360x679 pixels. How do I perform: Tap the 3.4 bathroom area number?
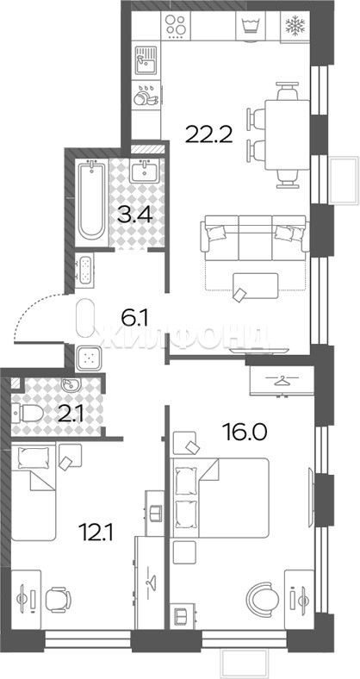point(135,214)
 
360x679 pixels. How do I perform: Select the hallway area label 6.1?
point(134,320)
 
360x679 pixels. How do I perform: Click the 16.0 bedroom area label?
point(245,431)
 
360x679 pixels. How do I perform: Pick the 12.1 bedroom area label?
point(96,532)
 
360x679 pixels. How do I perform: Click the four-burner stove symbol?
point(176,25)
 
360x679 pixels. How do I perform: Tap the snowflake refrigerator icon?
point(295,26)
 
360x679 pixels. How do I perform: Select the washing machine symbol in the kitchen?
point(251,26)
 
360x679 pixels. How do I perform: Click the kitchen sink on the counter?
point(146,60)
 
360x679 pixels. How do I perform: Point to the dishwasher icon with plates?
point(146,97)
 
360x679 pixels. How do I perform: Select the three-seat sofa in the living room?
point(255,239)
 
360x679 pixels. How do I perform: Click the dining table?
point(287,135)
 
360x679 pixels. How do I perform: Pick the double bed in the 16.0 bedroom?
point(220,498)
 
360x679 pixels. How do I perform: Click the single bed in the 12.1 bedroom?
point(34,493)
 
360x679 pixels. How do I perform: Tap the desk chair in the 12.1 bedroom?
point(58,599)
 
